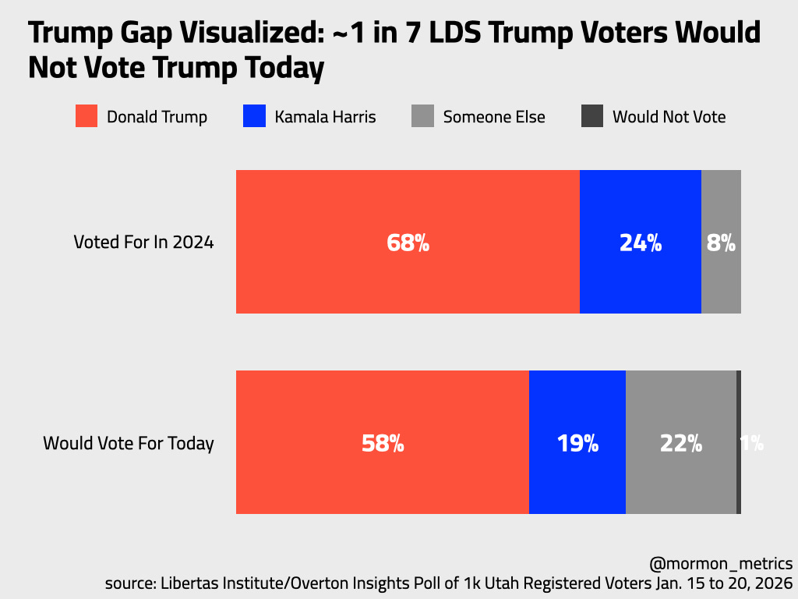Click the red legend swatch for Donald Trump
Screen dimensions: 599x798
coord(87,116)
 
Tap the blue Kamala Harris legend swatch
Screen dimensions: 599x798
coord(255,116)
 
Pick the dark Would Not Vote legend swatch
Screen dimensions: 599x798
coord(592,116)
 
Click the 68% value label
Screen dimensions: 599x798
coord(408,243)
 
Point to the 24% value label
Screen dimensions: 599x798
coord(641,243)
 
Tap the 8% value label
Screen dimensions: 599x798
coord(721,243)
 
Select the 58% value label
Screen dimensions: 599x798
coord(383,443)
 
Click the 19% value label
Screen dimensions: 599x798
coord(577,443)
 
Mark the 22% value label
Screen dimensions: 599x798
coord(681,443)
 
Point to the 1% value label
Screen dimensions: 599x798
coord(752,443)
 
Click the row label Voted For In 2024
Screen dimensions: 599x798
coord(143,242)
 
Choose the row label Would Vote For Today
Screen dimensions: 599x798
coord(129,443)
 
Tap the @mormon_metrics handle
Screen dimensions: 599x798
coord(721,563)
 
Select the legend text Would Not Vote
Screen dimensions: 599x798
coord(669,117)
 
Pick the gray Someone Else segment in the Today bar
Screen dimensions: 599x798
coord(681,406)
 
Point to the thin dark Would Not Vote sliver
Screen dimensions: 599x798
coord(739,406)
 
